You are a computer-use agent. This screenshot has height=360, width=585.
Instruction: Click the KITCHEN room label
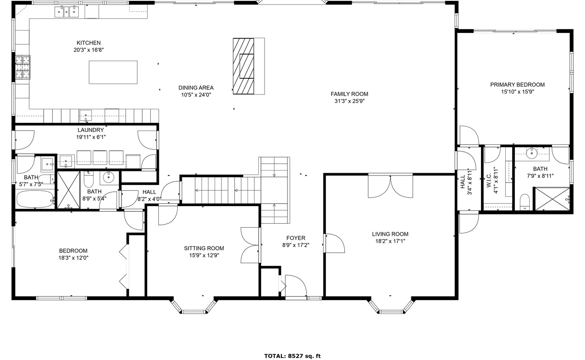(x=89, y=43)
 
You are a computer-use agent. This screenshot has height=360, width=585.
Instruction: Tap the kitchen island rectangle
(x=113, y=72)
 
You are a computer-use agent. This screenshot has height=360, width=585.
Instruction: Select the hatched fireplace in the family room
(x=243, y=66)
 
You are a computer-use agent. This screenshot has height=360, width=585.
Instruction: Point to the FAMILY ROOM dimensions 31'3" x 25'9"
(x=350, y=101)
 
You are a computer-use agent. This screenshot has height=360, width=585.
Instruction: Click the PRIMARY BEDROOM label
(x=517, y=85)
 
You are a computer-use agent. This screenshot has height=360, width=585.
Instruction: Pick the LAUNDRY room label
(x=91, y=130)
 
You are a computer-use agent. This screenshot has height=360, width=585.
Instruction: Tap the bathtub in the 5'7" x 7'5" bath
(x=36, y=199)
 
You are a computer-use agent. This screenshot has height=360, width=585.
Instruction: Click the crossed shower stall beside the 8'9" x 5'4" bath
(x=69, y=190)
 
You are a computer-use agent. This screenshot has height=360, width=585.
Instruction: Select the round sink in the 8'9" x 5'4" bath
(x=108, y=178)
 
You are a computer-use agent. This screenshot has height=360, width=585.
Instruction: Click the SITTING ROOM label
(x=204, y=248)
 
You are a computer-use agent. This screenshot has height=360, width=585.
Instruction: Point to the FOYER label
(x=296, y=238)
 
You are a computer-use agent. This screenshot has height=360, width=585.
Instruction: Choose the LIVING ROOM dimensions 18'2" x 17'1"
(x=390, y=241)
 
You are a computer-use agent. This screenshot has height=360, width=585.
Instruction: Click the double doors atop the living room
(x=391, y=186)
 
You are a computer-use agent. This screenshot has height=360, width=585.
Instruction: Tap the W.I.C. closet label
(x=489, y=180)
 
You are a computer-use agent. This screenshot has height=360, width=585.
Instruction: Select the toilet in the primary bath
(x=525, y=202)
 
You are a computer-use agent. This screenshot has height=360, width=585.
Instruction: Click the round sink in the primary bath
(x=531, y=153)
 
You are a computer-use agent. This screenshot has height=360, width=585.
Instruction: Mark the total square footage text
(x=292, y=356)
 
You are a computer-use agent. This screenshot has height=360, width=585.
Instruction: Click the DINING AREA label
(x=196, y=88)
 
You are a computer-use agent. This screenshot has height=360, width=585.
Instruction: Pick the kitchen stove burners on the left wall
(x=22, y=67)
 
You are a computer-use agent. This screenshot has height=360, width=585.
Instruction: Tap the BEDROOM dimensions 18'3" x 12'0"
(x=73, y=258)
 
